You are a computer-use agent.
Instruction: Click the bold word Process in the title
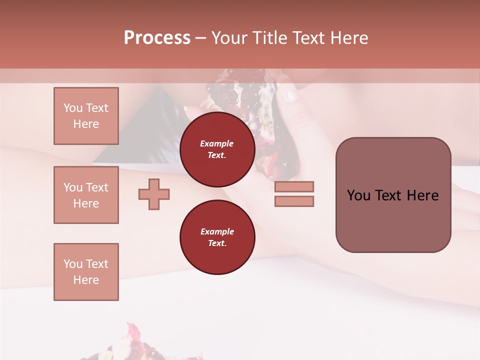[x=157, y=37]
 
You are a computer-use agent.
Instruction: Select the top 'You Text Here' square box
[x=86, y=116]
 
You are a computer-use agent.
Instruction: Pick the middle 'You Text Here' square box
[x=86, y=195]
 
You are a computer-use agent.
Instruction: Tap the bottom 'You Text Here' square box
[x=86, y=272]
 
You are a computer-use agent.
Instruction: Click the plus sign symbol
[x=154, y=194]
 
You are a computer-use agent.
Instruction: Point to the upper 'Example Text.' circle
[x=217, y=149]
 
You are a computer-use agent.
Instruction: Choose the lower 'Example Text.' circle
[x=217, y=237]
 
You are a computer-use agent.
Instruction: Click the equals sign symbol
[x=294, y=194]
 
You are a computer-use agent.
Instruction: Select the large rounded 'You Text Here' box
[x=393, y=195]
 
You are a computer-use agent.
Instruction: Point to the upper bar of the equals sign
[x=294, y=187]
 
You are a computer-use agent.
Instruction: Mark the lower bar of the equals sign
[x=294, y=201]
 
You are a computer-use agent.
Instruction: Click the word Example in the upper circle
[x=217, y=143]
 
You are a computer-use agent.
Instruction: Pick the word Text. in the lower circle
[x=217, y=243]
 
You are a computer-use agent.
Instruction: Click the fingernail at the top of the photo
[x=289, y=95]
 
